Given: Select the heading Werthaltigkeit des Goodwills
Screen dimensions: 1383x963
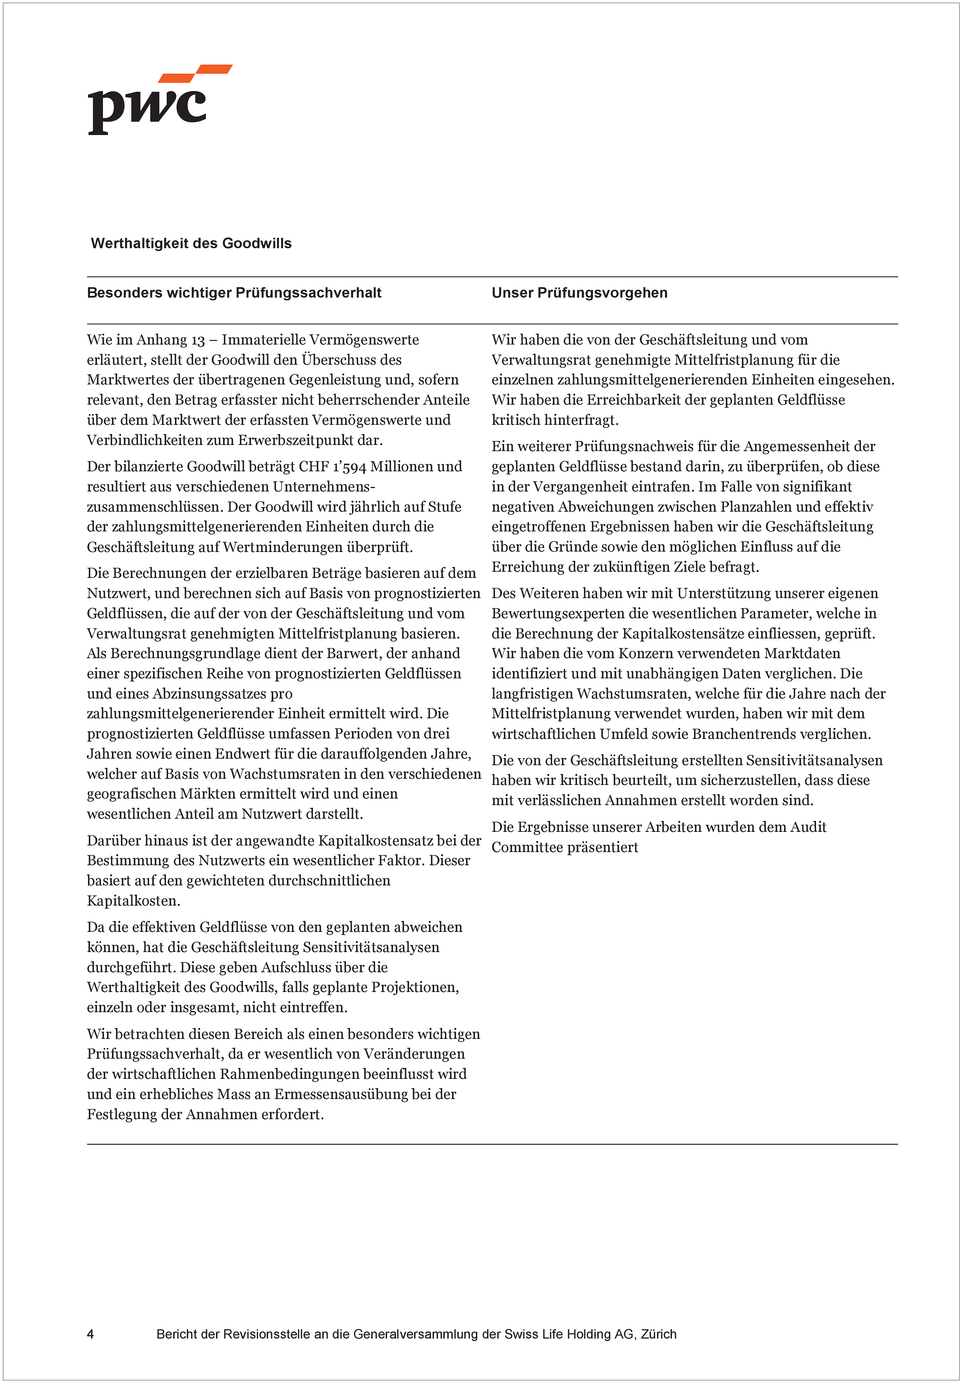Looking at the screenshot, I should (x=191, y=243).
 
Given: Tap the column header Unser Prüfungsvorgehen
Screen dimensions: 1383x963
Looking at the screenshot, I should (x=579, y=293).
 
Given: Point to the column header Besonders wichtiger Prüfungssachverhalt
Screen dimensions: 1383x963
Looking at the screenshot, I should (x=234, y=293).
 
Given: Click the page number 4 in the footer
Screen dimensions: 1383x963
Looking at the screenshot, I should (x=91, y=1334).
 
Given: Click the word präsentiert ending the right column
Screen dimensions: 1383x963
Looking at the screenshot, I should (x=602, y=847).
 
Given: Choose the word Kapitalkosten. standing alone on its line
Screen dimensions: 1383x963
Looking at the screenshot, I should (x=133, y=901).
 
